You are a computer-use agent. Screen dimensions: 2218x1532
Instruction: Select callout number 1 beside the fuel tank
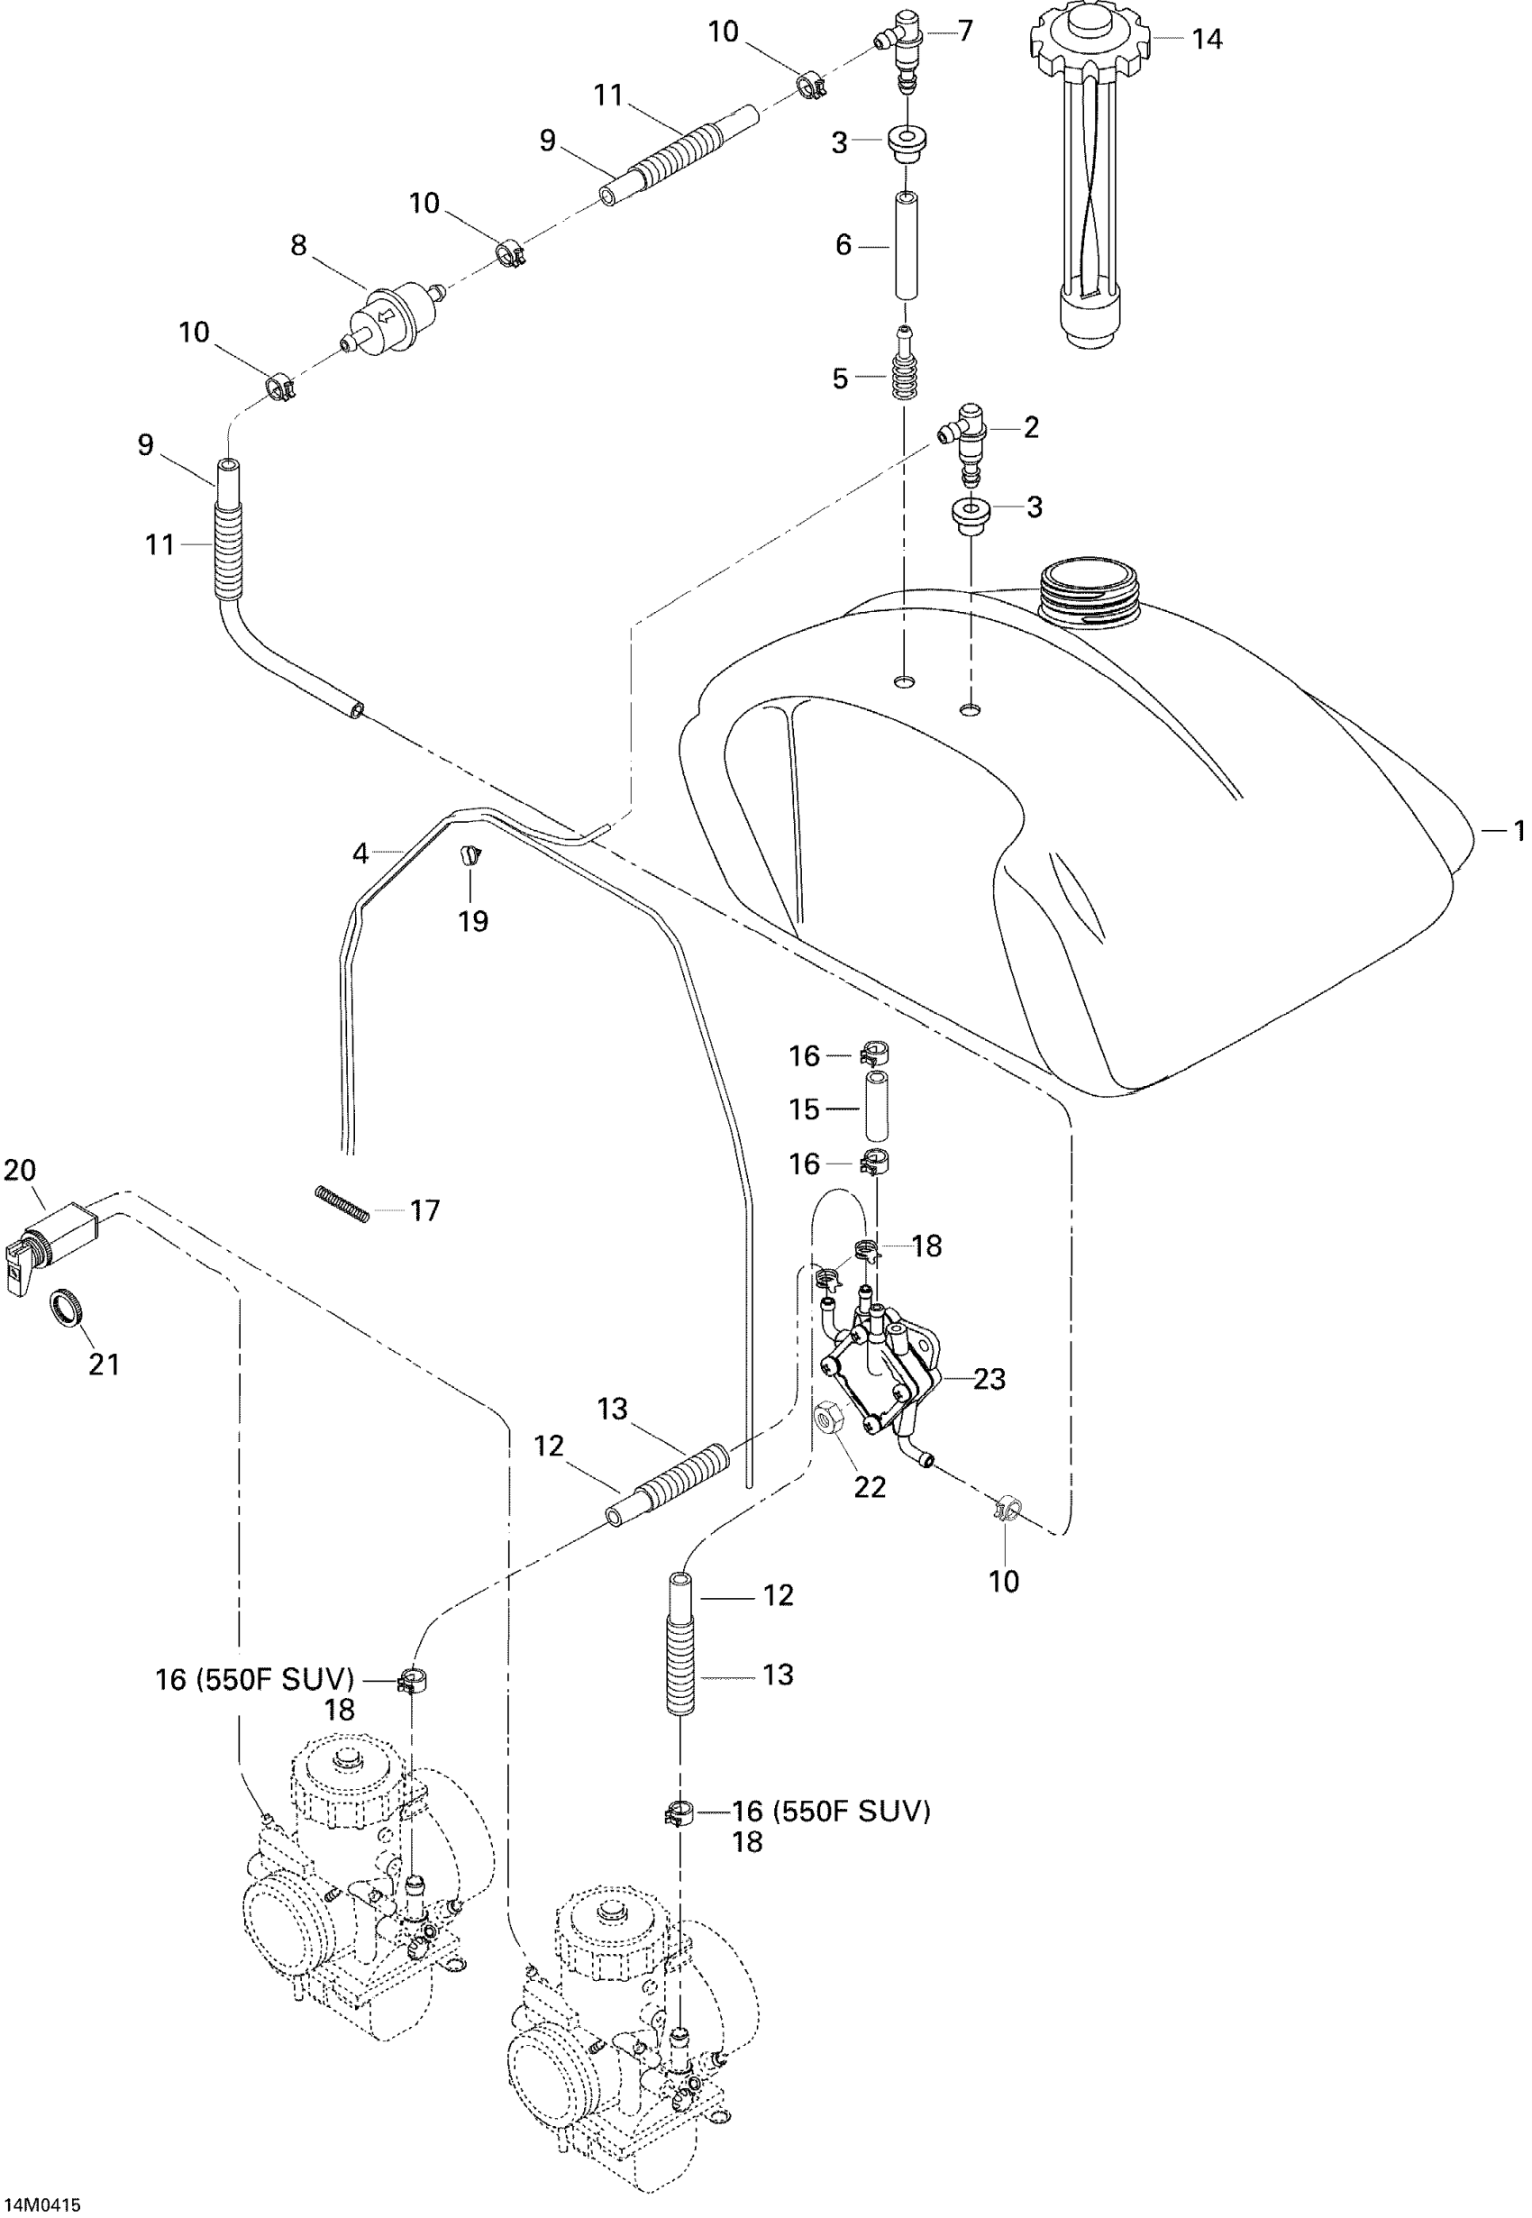[1518, 830]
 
